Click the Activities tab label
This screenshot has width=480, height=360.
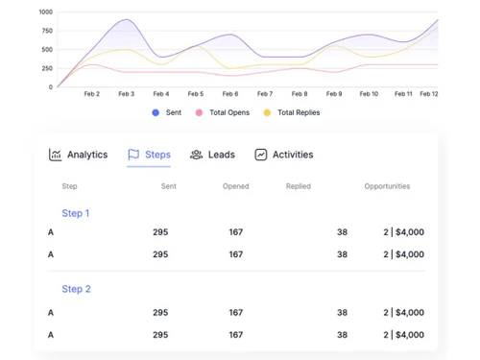[292, 155]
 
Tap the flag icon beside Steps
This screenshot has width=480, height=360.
[134, 155]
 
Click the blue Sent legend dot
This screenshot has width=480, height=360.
[156, 113]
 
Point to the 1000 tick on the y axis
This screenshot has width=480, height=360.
[45, 12]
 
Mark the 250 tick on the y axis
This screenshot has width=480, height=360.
[47, 68]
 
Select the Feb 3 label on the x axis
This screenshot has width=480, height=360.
[126, 94]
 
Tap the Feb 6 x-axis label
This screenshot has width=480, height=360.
[229, 94]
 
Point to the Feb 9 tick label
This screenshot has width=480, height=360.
[334, 94]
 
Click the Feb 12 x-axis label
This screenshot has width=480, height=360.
[429, 94]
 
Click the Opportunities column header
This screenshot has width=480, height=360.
[387, 186]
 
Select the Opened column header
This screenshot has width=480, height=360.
[235, 186]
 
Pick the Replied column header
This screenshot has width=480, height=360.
[298, 186]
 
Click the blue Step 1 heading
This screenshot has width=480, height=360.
[76, 213]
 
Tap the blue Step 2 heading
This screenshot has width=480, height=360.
[76, 289]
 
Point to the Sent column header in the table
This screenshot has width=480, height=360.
[168, 186]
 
